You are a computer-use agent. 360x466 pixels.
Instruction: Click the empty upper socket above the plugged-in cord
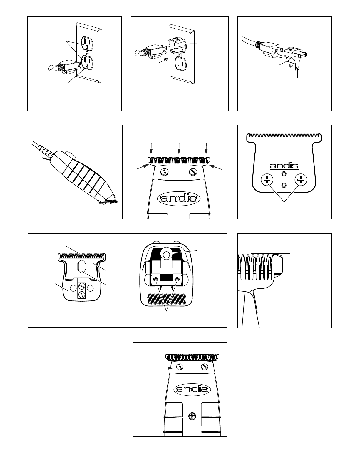87,43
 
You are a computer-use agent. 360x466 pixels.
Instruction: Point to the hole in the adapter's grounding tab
297,68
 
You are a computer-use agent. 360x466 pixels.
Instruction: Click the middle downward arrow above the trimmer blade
179,148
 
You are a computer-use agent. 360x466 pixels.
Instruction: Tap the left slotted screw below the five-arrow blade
166,172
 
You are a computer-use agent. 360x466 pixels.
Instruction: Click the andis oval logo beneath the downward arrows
179,198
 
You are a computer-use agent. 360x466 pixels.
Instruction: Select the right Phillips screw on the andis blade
301,180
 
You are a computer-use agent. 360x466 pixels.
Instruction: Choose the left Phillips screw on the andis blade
267,180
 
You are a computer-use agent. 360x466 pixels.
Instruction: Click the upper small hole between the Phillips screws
284,173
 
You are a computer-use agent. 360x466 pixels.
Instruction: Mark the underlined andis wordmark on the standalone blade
284,166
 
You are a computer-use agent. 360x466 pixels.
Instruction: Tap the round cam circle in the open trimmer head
166,255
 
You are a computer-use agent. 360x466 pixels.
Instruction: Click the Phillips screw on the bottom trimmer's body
192,417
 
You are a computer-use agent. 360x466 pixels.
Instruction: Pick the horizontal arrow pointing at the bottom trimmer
168,368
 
